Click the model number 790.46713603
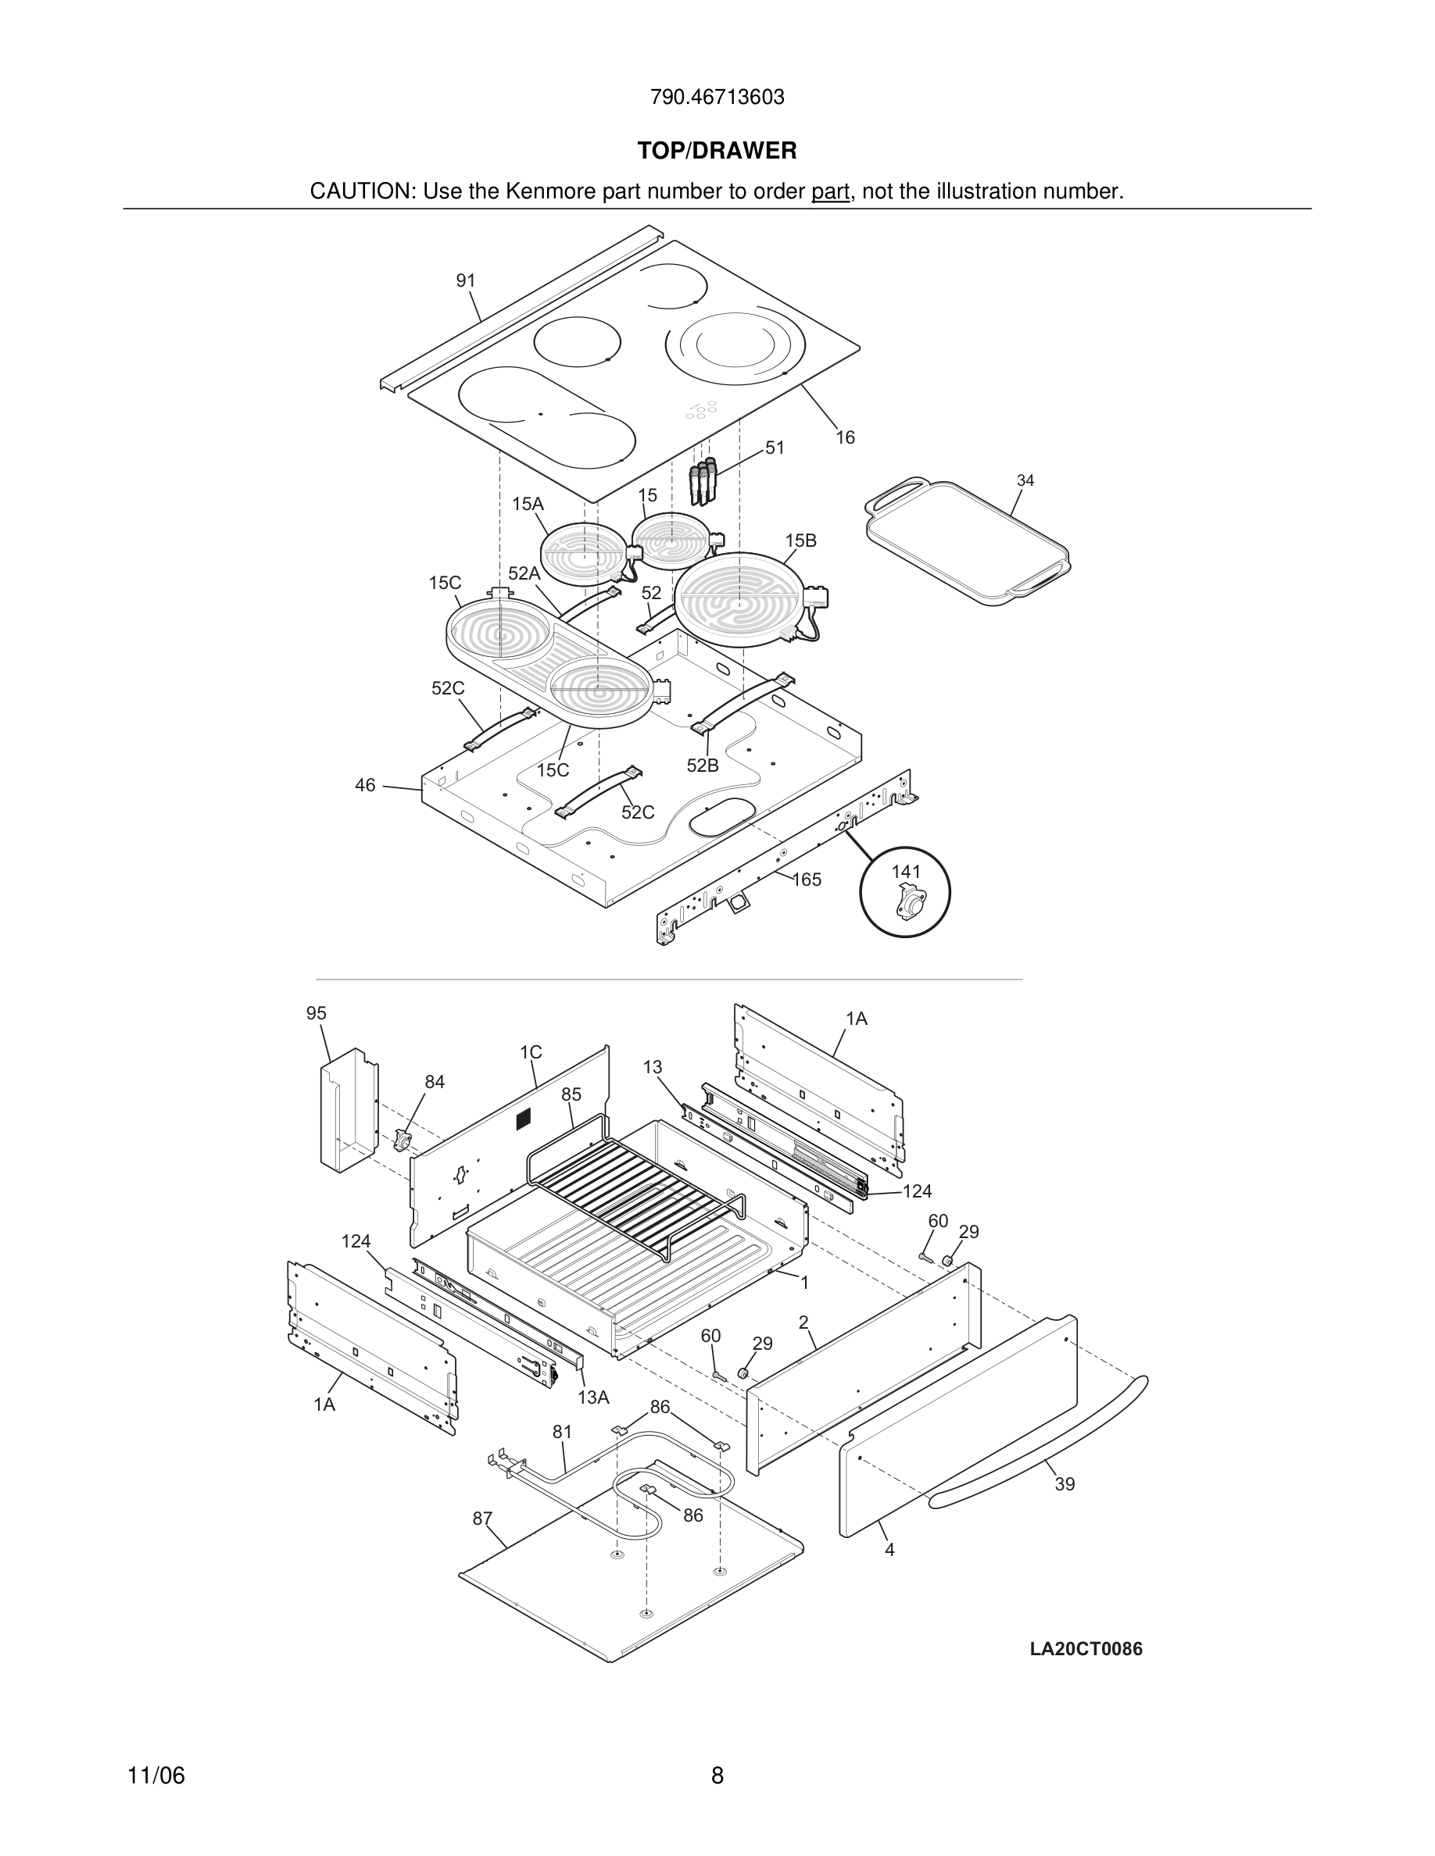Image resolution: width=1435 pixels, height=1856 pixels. pyautogui.click(x=717, y=97)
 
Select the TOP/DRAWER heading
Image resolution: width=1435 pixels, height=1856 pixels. pyautogui.click(x=717, y=151)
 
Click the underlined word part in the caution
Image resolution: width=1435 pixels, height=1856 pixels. pyautogui.click(x=830, y=191)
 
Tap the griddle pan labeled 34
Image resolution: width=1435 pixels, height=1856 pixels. pyautogui.click(x=968, y=541)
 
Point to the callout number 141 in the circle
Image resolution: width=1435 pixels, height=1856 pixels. pyautogui.click(x=905, y=871)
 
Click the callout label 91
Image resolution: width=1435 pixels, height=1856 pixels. pyautogui.click(x=466, y=280)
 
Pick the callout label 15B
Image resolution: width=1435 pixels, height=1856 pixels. pyautogui.click(x=800, y=541)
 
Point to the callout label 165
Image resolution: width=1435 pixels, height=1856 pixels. pyautogui.click(x=807, y=880)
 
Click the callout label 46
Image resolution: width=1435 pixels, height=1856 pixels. pyautogui.click(x=365, y=785)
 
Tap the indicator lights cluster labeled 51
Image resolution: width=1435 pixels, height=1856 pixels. pyautogui.click(x=702, y=481)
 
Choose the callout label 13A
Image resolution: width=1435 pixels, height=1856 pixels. pyautogui.click(x=593, y=1397)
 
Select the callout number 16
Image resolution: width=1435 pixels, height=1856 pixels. pyautogui.click(x=845, y=437)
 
